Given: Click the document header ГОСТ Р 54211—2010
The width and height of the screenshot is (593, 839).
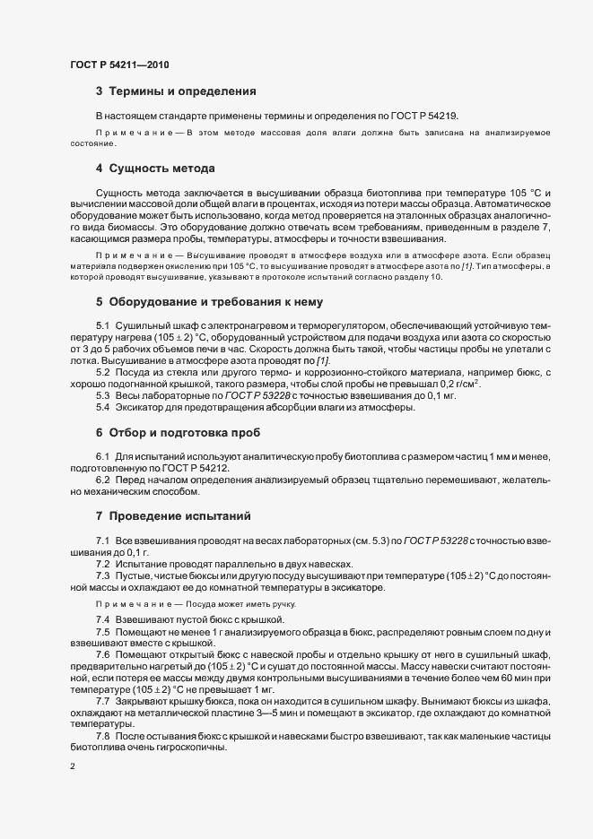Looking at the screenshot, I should pyautogui.click(x=118, y=65).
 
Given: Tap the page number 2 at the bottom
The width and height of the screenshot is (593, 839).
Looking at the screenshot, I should pyautogui.click(x=72, y=767).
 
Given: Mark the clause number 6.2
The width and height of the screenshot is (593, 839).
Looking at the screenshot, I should pyautogui.click(x=104, y=480).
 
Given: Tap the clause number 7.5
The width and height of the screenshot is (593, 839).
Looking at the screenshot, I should pyautogui.click(x=104, y=632).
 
